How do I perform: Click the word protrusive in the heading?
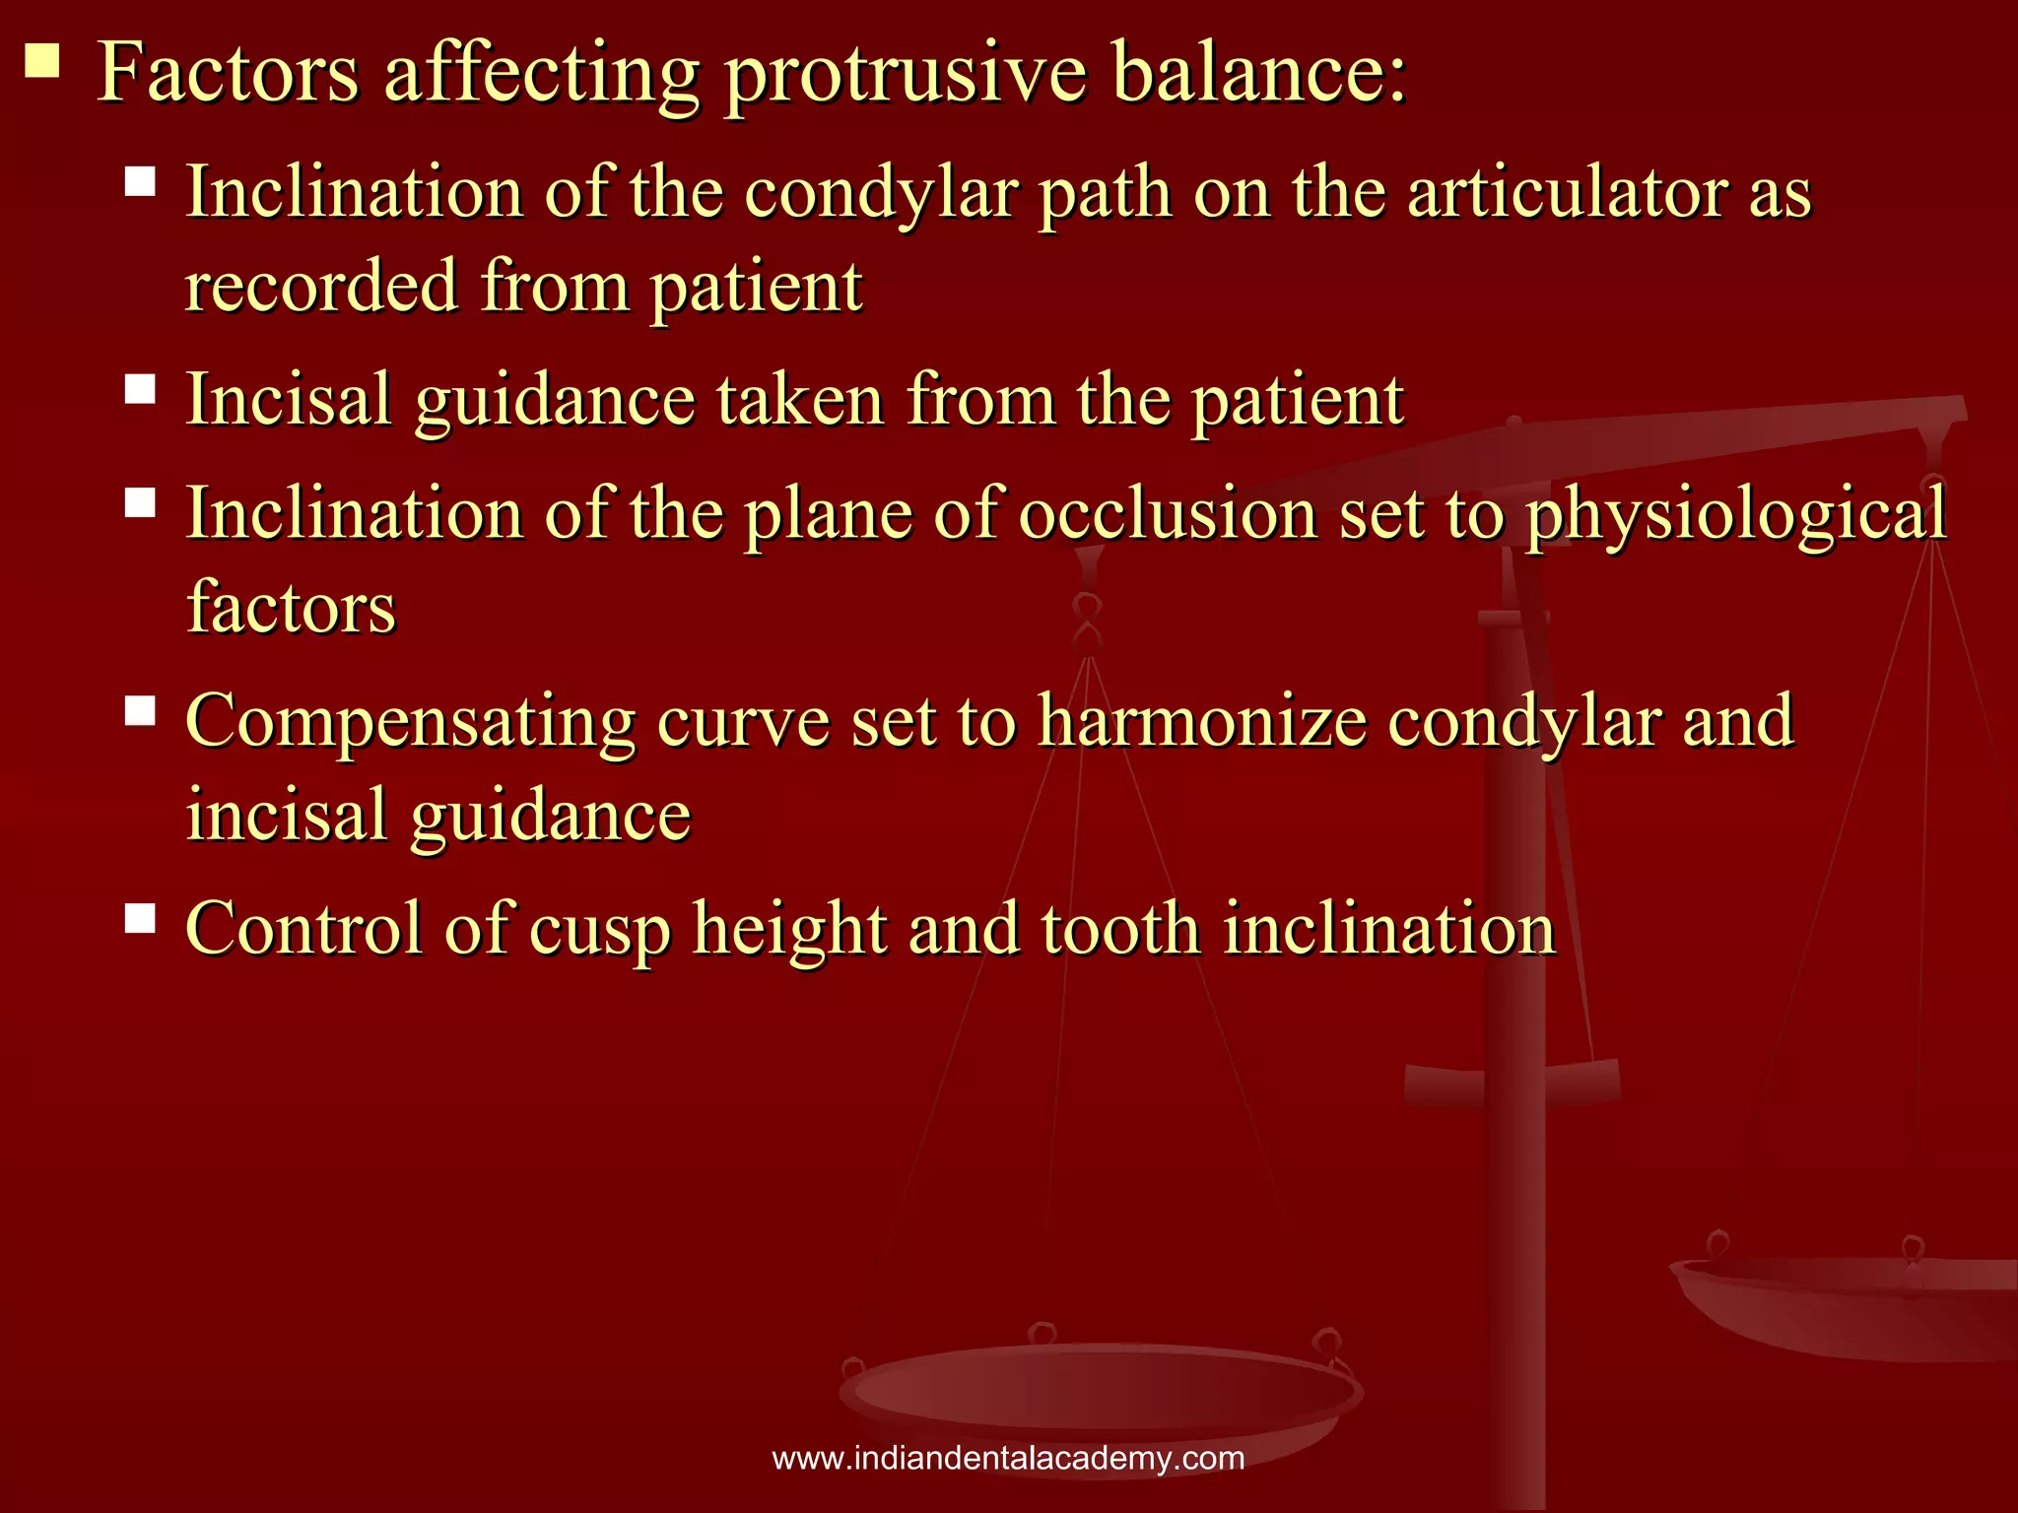click(x=905, y=75)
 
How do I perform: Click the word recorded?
click(x=322, y=287)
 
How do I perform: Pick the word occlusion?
click(x=1168, y=514)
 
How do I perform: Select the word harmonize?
click(x=1202, y=721)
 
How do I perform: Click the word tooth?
click(x=1120, y=929)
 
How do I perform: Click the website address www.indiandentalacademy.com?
click(x=1008, y=1458)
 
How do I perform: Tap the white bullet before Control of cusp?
click(x=141, y=918)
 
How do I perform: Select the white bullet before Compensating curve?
click(x=141, y=710)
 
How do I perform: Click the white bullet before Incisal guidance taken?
click(x=141, y=389)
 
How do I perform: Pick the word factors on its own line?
click(x=292, y=608)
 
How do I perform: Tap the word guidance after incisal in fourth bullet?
click(x=551, y=817)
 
